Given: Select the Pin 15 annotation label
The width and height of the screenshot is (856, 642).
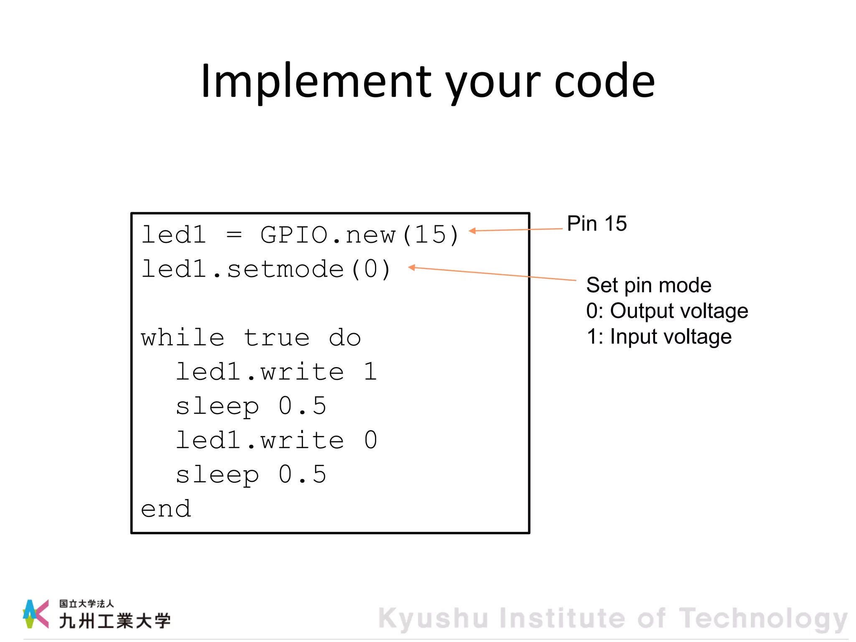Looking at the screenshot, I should click(596, 224).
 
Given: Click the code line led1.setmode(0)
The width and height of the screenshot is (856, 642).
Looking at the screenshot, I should click(266, 269).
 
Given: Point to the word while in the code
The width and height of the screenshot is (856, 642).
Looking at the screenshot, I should click(183, 338).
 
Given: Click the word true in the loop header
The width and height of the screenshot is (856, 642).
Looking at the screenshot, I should click(277, 338).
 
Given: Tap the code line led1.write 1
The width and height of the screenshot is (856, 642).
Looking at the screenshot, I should click(276, 372).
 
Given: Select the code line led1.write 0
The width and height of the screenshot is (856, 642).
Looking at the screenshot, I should click(276, 440).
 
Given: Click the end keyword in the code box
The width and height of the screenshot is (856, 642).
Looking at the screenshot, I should click(166, 509).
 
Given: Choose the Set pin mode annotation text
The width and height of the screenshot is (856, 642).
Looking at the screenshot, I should click(648, 285).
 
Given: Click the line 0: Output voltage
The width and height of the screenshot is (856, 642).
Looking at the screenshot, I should click(667, 311).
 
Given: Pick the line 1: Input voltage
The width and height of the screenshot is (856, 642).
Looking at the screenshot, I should click(659, 337).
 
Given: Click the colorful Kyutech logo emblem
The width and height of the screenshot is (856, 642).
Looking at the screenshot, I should click(36, 614).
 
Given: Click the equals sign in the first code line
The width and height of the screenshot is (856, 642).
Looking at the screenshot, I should click(234, 235).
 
